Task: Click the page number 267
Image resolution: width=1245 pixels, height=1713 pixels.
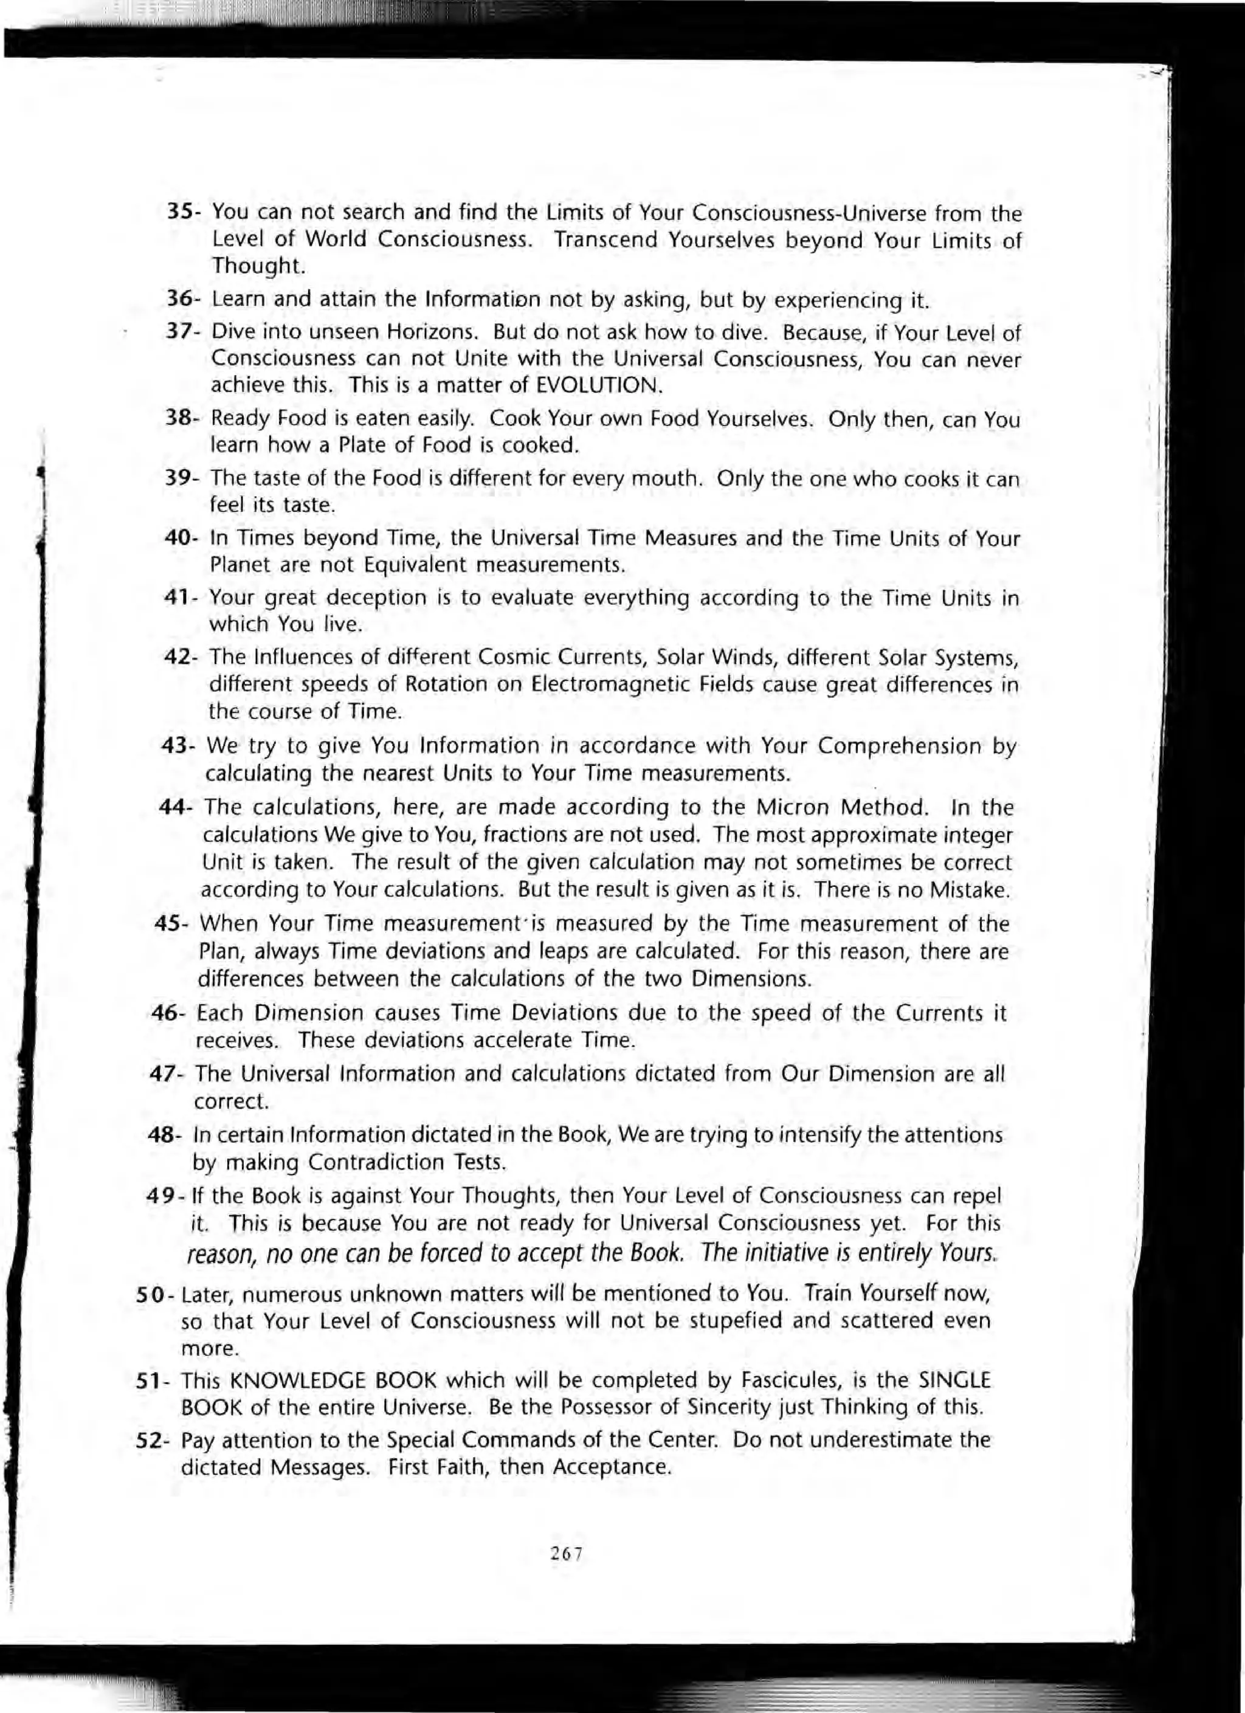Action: pyautogui.click(x=566, y=1553)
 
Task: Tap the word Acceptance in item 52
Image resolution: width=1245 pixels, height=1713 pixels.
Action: pyautogui.click(x=611, y=1467)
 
